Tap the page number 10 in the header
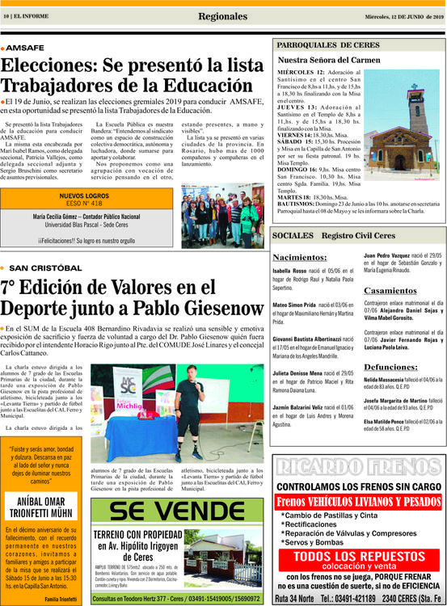click(7, 16)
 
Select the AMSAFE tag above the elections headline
click(27, 48)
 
